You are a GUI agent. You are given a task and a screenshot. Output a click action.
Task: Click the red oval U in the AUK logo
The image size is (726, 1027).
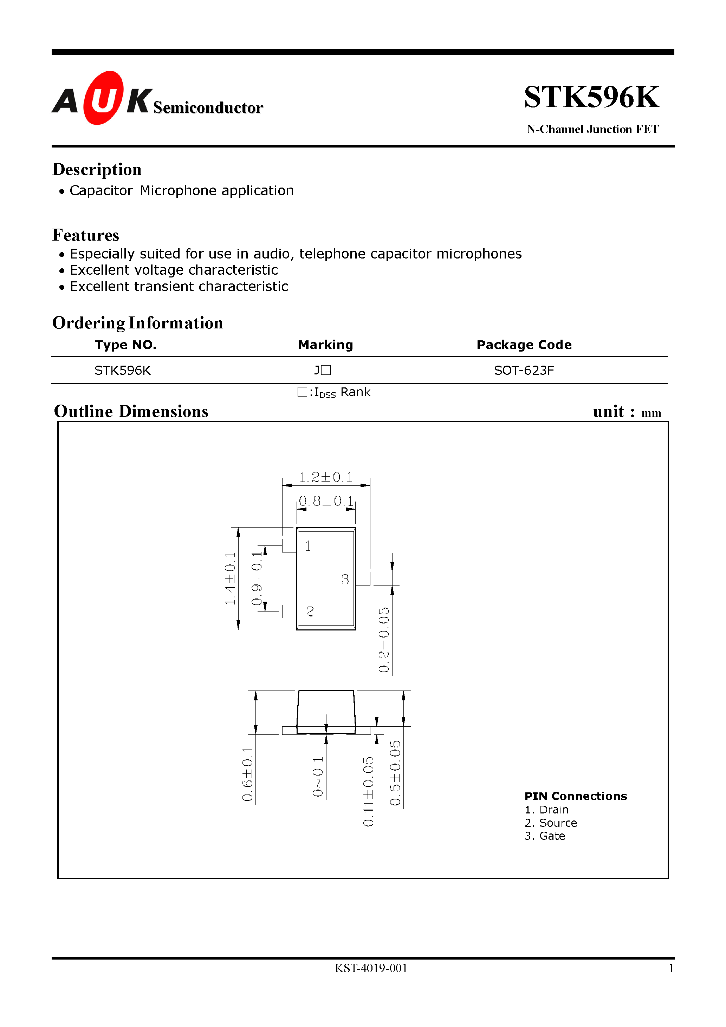pyautogui.click(x=103, y=98)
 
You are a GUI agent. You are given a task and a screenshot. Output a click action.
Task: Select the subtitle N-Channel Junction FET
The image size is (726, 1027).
pyautogui.click(x=592, y=129)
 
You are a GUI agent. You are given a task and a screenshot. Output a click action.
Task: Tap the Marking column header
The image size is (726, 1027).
pyautogui.click(x=325, y=345)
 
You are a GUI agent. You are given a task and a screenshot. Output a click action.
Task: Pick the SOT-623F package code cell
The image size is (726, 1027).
pyautogui.click(x=524, y=370)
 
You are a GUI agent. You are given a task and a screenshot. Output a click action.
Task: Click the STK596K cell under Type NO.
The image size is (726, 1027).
pyautogui.click(x=122, y=370)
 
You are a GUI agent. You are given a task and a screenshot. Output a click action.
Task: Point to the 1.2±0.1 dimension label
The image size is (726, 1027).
pyautogui.click(x=325, y=477)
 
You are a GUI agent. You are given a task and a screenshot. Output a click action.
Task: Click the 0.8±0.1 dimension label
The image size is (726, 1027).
pyautogui.click(x=326, y=501)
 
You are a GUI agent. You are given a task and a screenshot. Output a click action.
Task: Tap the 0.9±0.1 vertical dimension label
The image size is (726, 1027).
pyautogui.click(x=257, y=578)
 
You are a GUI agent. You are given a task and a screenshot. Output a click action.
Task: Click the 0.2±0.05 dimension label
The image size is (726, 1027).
pyautogui.click(x=384, y=640)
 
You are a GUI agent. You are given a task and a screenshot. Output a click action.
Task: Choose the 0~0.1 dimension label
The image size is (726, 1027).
pyautogui.click(x=317, y=777)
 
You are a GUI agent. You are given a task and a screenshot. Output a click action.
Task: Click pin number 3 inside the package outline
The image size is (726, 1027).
pyautogui.click(x=345, y=579)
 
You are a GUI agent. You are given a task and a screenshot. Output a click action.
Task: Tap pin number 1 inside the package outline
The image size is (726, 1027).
pyautogui.click(x=308, y=546)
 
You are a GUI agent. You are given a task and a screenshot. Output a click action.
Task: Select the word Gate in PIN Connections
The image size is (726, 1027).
pyautogui.click(x=552, y=836)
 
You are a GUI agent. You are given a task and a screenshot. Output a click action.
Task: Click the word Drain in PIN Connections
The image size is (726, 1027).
pyautogui.click(x=554, y=810)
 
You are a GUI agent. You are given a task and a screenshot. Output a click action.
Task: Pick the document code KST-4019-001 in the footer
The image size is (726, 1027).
pyautogui.click(x=371, y=968)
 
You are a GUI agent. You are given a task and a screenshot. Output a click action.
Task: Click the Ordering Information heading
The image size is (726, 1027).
pyautogui.click(x=137, y=323)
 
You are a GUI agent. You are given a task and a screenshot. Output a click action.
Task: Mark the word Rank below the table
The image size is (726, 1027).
pyautogui.click(x=355, y=392)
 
